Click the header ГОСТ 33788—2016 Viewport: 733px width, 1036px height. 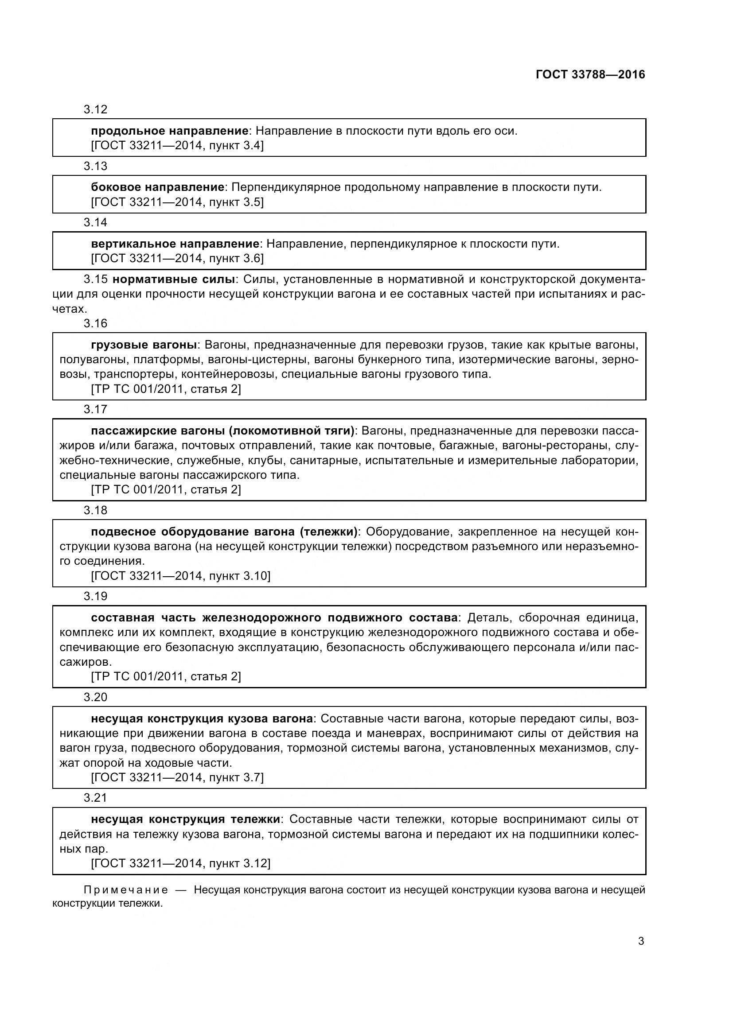[x=590, y=74]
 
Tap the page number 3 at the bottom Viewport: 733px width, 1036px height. [x=641, y=941]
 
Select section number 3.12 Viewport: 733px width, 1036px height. [x=95, y=110]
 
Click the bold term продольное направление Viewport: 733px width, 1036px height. [x=170, y=131]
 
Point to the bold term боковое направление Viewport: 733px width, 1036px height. [x=157, y=187]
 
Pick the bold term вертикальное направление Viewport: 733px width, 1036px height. [x=175, y=244]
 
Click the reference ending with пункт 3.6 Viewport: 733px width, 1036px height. [x=177, y=259]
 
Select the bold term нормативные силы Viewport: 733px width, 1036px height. [x=173, y=279]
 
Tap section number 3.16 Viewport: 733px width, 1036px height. [x=95, y=323]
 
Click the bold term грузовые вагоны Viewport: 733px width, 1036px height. [x=144, y=345]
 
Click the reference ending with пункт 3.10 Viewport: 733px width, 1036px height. [x=180, y=576]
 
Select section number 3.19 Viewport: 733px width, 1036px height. [x=95, y=597]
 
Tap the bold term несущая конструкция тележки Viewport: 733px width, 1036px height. [x=186, y=819]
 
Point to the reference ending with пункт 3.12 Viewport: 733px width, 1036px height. [x=180, y=863]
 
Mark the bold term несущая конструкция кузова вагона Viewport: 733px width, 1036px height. [x=202, y=718]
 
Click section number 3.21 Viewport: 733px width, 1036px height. [x=95, y=798]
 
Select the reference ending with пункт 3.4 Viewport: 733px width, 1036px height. [x=177, y=145]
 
